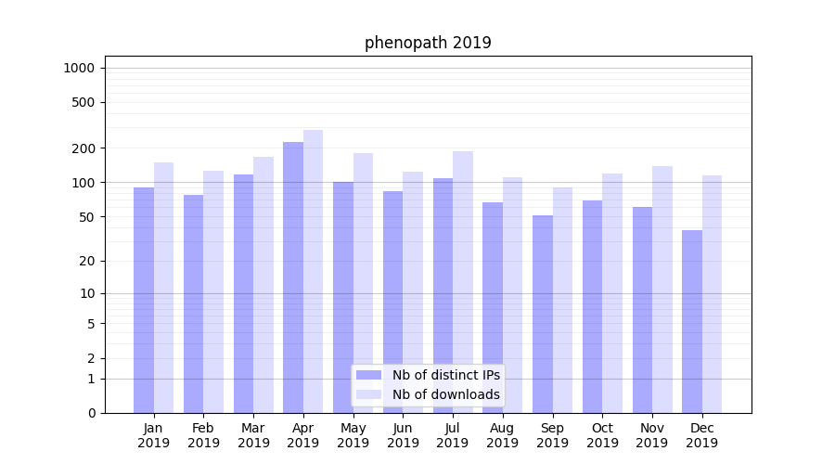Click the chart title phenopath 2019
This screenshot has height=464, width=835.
428,43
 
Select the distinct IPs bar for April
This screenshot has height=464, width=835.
293,277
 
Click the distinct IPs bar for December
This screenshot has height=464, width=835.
692,321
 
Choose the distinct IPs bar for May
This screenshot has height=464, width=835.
343,297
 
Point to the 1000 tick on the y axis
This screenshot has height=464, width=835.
79,68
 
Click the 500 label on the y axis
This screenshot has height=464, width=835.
83,102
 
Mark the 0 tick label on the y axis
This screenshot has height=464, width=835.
91,413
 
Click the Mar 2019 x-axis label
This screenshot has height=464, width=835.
253,435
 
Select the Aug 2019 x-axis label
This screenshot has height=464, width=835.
503,435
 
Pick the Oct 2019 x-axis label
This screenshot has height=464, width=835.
602,435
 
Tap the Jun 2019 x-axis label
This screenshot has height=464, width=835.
403,435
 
